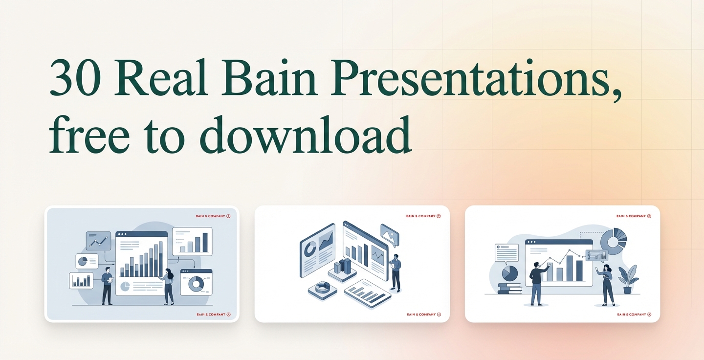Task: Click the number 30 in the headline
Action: [75, 77]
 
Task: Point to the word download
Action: [306, 134]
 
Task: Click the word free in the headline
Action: [89, 134]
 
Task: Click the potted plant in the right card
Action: [627, 279]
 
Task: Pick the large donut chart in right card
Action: [614, 241]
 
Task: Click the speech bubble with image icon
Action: [390, 235]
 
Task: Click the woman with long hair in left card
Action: [168, 287]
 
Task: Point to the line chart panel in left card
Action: [98, 241]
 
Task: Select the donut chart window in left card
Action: [197, 282]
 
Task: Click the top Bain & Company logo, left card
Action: [213, 216]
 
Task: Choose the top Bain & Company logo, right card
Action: [634, 216]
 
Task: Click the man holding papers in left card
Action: [107, 286]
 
